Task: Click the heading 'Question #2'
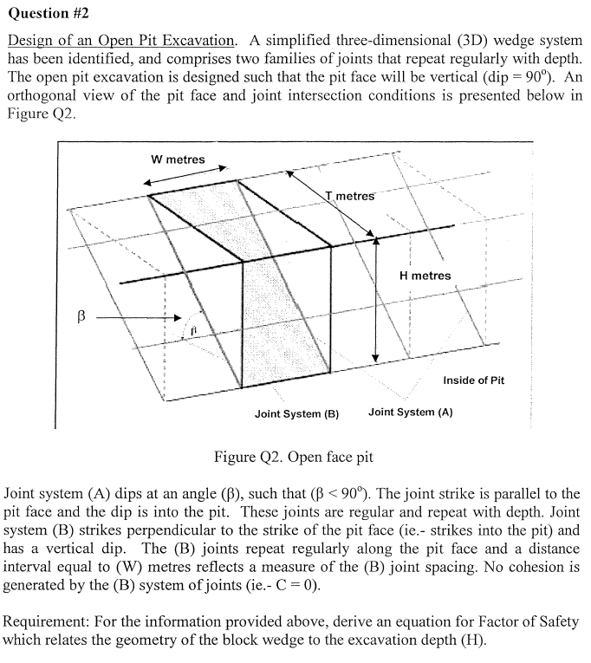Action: (49, 15)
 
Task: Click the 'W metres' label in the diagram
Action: (178, 159)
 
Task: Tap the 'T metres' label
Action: (350, 196)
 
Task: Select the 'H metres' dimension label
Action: (425, 276)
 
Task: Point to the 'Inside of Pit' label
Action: (473, 380)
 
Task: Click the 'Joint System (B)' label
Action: (295, 413)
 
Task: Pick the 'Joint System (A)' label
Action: (410, 413)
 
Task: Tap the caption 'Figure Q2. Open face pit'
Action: (293, 457)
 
